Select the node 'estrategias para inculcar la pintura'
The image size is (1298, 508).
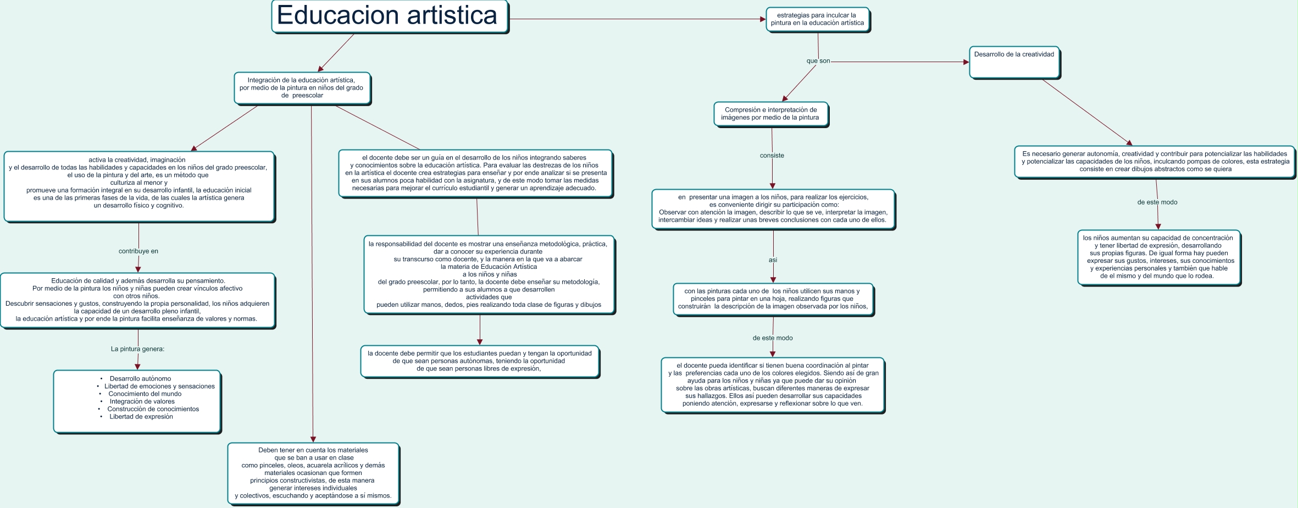817,19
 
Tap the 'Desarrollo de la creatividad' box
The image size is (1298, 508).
1014,62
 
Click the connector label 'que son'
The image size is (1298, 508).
818,61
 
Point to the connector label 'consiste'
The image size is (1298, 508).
772,156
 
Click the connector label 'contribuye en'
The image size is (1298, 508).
138,251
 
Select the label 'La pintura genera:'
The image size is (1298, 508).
137,349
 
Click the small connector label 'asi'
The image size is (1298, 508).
773,260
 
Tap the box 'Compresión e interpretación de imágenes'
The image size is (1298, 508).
770,114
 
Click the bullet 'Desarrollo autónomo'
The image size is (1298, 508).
140,379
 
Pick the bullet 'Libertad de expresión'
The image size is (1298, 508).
141,417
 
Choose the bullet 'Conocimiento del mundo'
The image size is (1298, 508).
145,394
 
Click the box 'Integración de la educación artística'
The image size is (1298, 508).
302,88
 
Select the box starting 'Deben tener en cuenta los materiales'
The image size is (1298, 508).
313,473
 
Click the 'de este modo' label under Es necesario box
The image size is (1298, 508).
1157,202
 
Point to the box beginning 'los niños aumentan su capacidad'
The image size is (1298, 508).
1158,257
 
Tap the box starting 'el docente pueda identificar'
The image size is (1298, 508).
772,384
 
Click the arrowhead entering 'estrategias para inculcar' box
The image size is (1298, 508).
763,19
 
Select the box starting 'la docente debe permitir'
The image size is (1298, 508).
479,361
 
